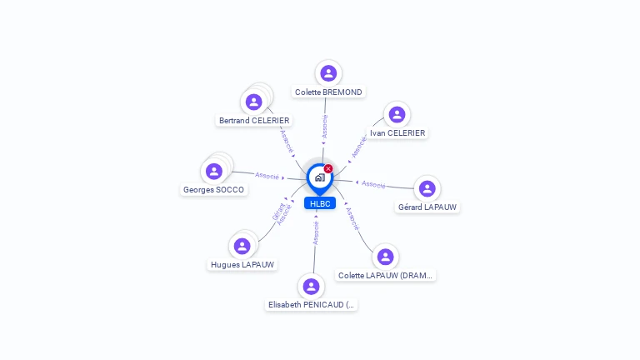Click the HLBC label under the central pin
point(320,203)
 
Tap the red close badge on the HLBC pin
point(328,168)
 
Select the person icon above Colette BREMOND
point(328,73)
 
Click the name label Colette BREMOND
point(329,92)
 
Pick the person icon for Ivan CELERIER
point(397,114)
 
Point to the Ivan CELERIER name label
point(397,133)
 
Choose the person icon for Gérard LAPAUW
point(427,188)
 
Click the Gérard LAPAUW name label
point(427,207)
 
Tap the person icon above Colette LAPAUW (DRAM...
point(385,257)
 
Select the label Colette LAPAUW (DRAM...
point(386,276)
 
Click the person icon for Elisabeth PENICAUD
point(311,287)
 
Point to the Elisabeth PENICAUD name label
point(312,306)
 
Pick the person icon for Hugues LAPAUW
point(242,246)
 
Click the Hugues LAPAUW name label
point(242,265)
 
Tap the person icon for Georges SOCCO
point(214,171)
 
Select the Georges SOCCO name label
point(214,190)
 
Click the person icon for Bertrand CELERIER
point(253,102)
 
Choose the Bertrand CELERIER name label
point(254,121)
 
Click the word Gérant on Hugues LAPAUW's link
point(277,212)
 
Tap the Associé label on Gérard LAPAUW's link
point(373,184)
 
